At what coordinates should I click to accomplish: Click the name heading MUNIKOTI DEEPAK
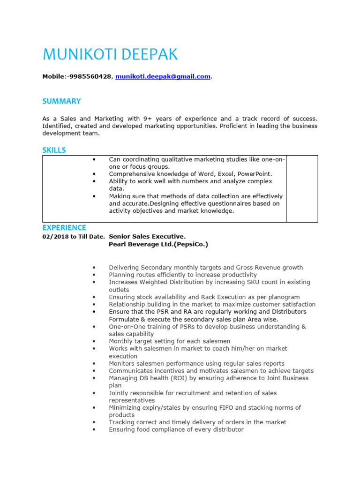[110, 54]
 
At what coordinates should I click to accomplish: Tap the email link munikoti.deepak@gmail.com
[163, 77]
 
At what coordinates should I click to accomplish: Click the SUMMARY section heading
[61, 101]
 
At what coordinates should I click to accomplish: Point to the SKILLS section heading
[54, 150]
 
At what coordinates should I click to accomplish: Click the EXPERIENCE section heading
[64, 228]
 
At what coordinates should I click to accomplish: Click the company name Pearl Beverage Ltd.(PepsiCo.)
[158, 244]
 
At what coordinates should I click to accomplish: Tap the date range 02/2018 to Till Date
[74, 237]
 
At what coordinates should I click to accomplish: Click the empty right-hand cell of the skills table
[302, 188]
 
